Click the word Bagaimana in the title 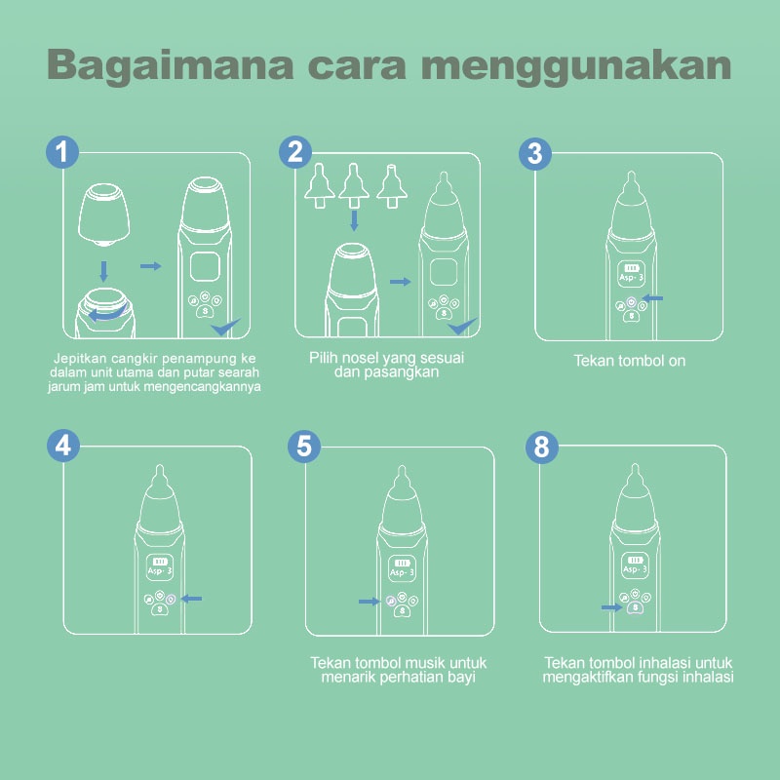click(x=170, y=65)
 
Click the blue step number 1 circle click(x=62, y=152)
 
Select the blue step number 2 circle click(x=295, y=152)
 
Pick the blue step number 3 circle click(x=534, y=153)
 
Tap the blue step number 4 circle click(x=63, y=446)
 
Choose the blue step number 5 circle click(x=304, y=446)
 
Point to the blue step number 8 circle click(x=542, y=447)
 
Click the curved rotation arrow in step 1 click(x=106, y=314)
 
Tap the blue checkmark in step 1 click(x=225, y=327)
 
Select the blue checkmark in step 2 click(x=461, y=326)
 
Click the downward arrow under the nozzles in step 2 click(x=354, y=220)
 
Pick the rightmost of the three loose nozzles click(x=392, y=186)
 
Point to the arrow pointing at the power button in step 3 click(x=652, y=298)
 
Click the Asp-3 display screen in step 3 click(x=631, y=274)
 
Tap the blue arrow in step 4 click(x=191, y=599)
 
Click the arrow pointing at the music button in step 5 click(x=370, y=602)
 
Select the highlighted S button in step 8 click(x=636, y=607)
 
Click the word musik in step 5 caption click(x=426, y=663)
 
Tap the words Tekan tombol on click(x=629, y=361)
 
